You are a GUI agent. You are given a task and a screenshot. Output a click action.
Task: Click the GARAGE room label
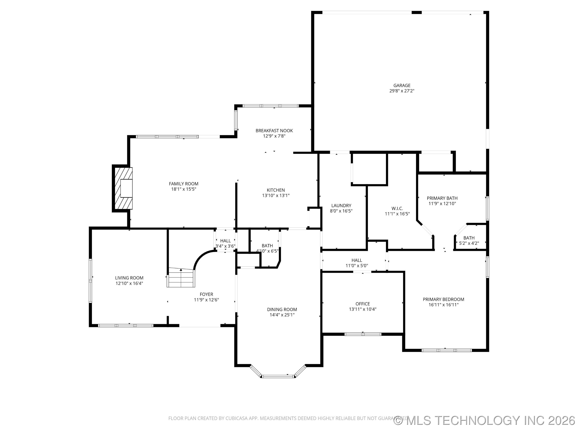pyautogui.click(x=402, y=85)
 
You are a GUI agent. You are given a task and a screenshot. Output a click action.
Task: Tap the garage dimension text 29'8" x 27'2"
pyautogui.click(x=402, y=91)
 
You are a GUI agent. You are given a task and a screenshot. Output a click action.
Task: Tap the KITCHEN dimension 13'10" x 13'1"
pyautogui.click(x=276, y=195)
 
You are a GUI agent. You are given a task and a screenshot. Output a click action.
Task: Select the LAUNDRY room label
pyautogui.click(x=341, y=206)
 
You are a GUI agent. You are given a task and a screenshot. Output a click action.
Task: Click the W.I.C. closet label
pyautogui.click(x=397, y=208)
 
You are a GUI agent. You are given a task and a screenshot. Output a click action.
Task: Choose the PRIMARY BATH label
pyautogui.click(x=442, y=198)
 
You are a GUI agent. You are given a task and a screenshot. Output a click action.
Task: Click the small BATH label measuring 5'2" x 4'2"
pyautogui.click(x=469, y=238)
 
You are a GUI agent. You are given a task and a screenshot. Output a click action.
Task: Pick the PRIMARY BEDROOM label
pyautogui.click(x=443, y=299)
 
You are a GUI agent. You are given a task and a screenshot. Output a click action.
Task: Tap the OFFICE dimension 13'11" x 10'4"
pyautogui.click(x=362, y=309)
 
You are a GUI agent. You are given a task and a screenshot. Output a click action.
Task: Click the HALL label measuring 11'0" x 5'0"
pyautogui.click(x=356, y=260)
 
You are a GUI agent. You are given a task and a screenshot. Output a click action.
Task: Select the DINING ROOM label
pyautogui.click(x=282, y=310)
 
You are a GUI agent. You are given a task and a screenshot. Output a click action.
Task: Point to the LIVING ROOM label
pyautogui.click(x=129, y=278)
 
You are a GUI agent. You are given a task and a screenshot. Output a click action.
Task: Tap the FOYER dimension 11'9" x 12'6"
pyautogui.click(x=206, y=300)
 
